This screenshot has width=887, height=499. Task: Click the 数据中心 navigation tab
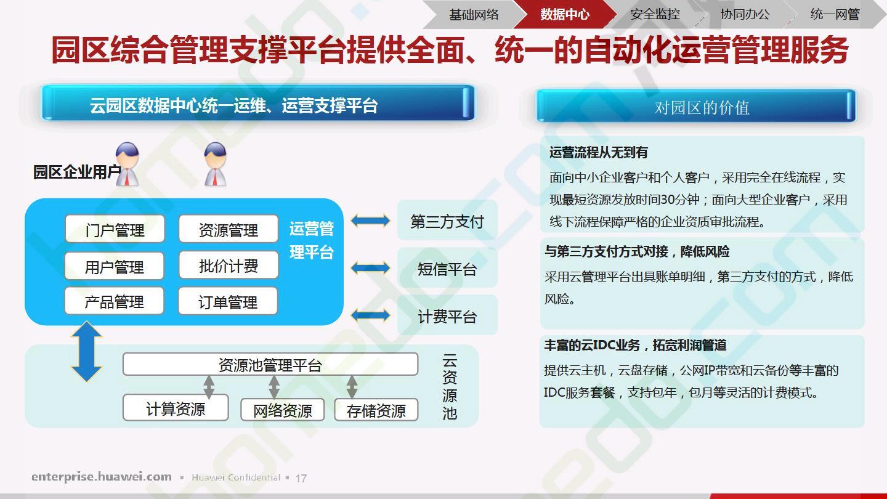click(565, 14)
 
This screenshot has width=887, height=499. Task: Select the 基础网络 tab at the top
click(474, 14)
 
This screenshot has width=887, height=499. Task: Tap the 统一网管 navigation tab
click(835, 14)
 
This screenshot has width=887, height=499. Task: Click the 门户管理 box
click(115, 229)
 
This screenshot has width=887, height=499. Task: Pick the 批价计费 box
click(229, 265)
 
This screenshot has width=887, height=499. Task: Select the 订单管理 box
click(228, 301)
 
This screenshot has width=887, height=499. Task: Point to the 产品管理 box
click(114, 301)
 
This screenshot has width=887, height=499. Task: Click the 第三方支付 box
click(447, 221)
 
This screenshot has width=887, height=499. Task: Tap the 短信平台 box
click(447, 268)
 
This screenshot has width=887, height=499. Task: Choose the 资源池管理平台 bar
click(270, 364)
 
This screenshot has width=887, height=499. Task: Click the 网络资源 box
click(282, 410)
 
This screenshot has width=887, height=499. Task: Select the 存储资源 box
click(376, 410)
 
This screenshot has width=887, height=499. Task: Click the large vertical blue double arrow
click(87, 351)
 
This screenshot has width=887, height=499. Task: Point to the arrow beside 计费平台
click(370, 315)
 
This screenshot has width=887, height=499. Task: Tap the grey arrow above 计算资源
click(209, 386)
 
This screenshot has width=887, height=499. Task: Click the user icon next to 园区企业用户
click(127, 164)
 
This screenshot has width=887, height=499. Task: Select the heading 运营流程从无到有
click(598, 153)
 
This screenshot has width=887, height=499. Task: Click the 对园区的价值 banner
click(696, 106)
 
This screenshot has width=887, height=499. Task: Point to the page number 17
click(301, 479)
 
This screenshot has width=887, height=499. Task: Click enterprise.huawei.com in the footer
click(102, 476)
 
